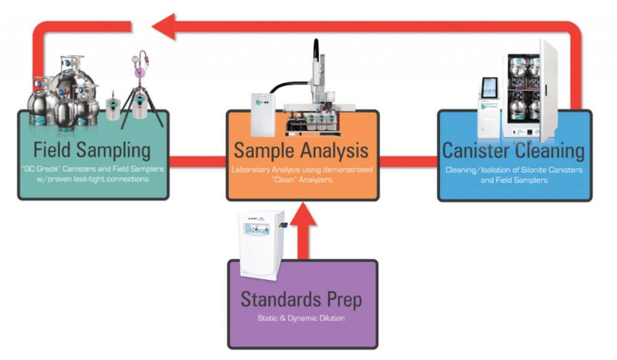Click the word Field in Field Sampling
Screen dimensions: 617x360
point(52,150)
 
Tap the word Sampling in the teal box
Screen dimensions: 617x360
point(114,151)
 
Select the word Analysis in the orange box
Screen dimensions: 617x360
point(334,151)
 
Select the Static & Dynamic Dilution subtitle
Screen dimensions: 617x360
point(301,318)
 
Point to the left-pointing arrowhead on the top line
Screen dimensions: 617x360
point(164,27)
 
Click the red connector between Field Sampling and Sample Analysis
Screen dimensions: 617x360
point(198,162)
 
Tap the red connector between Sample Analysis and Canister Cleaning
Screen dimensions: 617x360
point(409,162)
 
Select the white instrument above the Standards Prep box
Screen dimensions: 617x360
point(262,245)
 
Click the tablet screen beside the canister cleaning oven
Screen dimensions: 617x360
point(489,87)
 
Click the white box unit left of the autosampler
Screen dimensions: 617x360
point(263,114)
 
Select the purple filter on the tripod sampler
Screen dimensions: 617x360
point(140,72)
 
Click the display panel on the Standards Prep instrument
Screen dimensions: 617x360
point(257,229)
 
